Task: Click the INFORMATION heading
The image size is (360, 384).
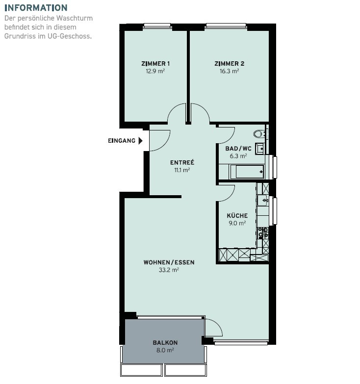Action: tap(36, 8)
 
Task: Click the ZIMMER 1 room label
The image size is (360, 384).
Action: tap(155, 64)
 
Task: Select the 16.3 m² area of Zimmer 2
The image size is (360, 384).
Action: tap(229, 71)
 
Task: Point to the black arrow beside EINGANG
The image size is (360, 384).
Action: tap(141, 141)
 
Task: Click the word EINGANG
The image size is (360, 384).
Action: tap(122, 141)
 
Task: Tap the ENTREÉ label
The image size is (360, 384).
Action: tap(182, 162)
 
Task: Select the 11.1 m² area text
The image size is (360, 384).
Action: tap(182, 170)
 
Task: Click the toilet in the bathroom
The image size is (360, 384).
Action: tap(259, 134)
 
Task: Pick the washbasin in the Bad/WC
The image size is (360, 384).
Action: tap(260, 149)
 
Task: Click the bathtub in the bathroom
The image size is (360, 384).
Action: tap(247, 172)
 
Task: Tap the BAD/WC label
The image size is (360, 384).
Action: tap(238, 149)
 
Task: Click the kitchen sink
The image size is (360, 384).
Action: tap(263, 200)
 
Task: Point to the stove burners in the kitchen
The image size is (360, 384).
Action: tap(263, 232)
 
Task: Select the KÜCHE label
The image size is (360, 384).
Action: tap(237, 215)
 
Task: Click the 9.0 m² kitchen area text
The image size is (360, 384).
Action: tap(237, 223)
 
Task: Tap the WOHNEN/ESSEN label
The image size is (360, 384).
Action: tap(169, 262)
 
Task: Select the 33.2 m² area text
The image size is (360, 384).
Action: tap(169, 270)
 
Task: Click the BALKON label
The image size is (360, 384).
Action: tap(165, 343)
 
